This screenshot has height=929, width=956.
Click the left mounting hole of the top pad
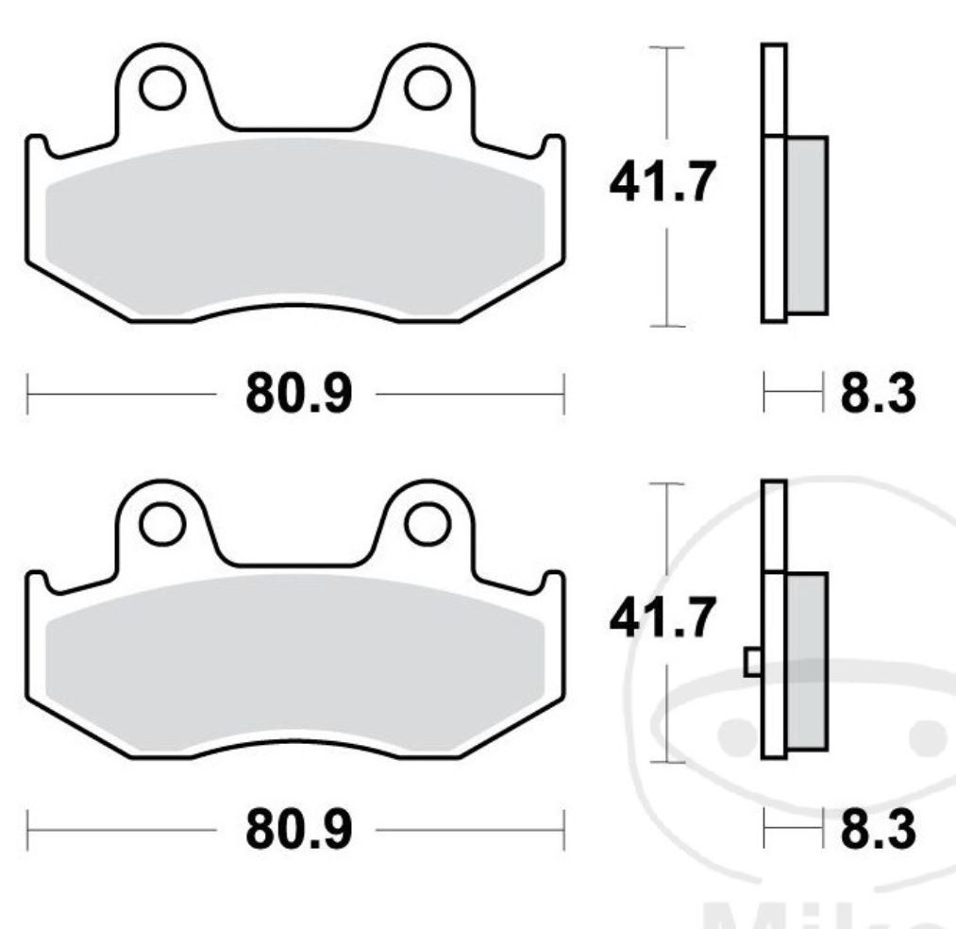(x=161, y=87)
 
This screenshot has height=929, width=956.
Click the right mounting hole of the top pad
(x=427, y=87)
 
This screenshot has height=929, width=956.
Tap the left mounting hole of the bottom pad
(x=161, y=522)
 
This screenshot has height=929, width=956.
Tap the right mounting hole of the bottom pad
(x=427, y=522)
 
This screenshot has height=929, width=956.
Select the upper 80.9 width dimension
(x=298, y=395)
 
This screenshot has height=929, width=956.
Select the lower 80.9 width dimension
(x=298, y=830)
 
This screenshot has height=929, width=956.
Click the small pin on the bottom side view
(x=753, y=662)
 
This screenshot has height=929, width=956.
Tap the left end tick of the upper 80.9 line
(x=28, y=394)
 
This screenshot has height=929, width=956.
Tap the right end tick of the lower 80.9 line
(x=563, y=830)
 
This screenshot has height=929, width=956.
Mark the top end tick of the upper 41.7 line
(x=668, y=46)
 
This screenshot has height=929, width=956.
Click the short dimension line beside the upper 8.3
(x=793, y=394)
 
